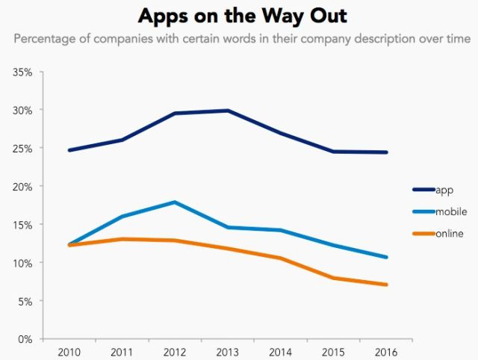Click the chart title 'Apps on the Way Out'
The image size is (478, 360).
coord(238,16)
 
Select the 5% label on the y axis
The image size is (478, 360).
coord(25,301)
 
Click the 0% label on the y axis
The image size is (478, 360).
coord(25,339)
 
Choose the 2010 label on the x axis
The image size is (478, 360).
coord(69,352)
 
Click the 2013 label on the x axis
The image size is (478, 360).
coord(228,352)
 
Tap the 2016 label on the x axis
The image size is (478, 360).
coord(386,352)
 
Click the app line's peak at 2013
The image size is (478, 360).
coord(228,111)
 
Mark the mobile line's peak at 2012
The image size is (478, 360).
coord(175,202)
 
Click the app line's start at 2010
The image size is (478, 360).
coord(69,150)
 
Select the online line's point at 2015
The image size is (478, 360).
coord(333,278)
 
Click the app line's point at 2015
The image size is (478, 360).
coord(333,152)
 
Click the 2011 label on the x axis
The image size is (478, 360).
coord(122,352)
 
